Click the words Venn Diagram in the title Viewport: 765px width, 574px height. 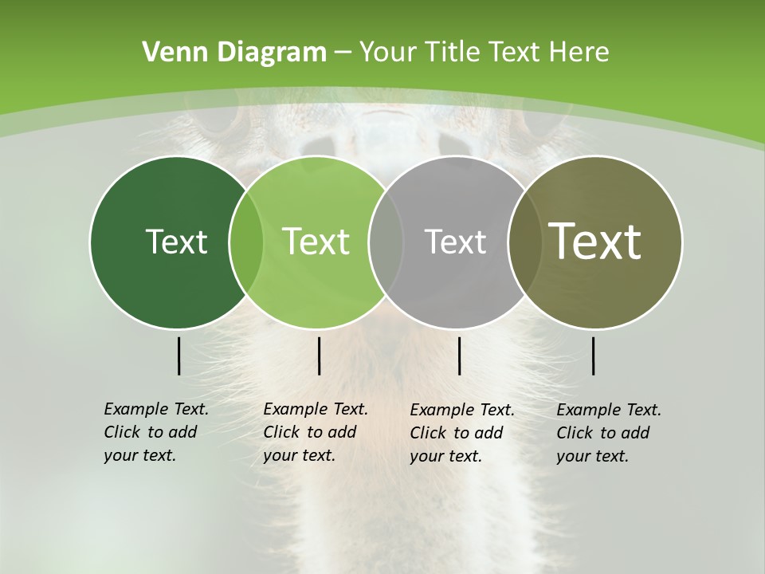coord(234,53)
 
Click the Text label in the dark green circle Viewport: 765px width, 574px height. coord(176,242)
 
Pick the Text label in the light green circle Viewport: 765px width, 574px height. coord(316,242)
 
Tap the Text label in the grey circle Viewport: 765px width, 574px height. coord(455,242)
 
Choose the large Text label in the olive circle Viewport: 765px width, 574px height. coord(595,242)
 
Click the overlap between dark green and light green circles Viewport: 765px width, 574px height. coord(246,242)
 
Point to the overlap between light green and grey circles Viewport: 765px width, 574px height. coord(386,242)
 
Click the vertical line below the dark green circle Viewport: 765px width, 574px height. coord(179,356)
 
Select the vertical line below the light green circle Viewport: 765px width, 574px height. coord(319,356)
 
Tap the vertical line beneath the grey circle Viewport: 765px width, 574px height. coord(460,356)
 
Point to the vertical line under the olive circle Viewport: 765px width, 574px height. coord(594,356)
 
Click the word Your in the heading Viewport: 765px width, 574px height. coord(390,53)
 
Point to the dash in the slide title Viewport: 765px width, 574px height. coord(343,53)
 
